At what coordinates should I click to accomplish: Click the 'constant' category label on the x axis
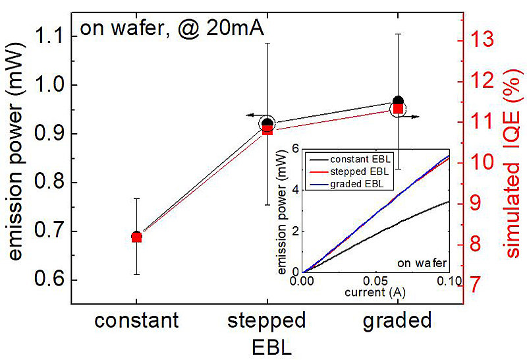pyautogui.click(x=136, y=321)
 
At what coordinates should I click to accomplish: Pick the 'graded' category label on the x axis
pyautogui.click(x=398, y=321)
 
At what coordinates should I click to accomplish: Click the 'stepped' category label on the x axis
pyautogui.click(x=267, y=321)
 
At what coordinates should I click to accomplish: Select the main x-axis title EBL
pyautogui.click(x=267, y=345)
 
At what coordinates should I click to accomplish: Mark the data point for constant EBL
pyautogui.click(x=136, y=237)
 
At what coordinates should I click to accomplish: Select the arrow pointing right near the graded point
pyautogui.click(x=414, y=116)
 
